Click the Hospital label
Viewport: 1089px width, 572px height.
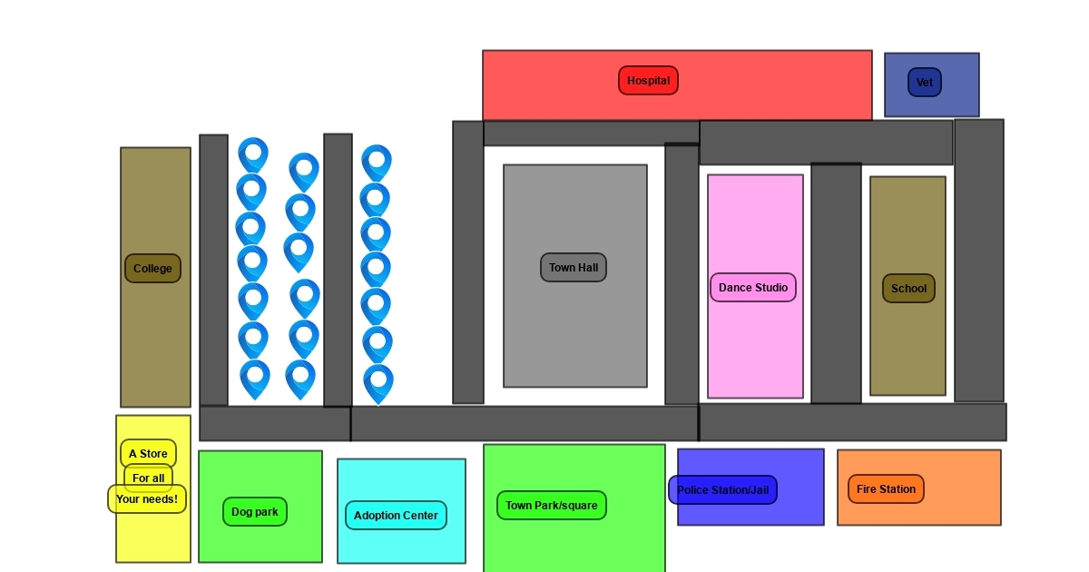pos(648,81)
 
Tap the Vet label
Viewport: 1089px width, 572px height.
pos(924,83)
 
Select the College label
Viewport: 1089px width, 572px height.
pos(152,268)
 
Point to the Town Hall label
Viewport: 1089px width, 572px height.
pos(574,268)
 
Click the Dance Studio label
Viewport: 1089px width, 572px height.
pos(753,288)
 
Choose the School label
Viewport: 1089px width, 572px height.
pos(908,289)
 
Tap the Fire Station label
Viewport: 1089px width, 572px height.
pos(886,488)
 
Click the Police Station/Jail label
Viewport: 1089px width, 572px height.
pos(723,489)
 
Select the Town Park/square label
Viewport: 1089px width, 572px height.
pos(552,506)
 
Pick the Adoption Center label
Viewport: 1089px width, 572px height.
pos(396,515)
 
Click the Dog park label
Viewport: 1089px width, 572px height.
pos(255,512)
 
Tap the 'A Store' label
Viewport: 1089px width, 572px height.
pos(148,454)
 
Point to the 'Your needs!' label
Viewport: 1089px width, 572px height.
pos(147,499)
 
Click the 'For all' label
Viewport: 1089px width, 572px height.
pos(148,478)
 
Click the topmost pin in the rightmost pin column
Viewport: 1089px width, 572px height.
pos(377,163)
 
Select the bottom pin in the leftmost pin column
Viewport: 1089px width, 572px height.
pos(255,380)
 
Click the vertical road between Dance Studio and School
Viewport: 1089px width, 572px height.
pos(836,283)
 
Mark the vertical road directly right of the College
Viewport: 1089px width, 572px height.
pos(213,270)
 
